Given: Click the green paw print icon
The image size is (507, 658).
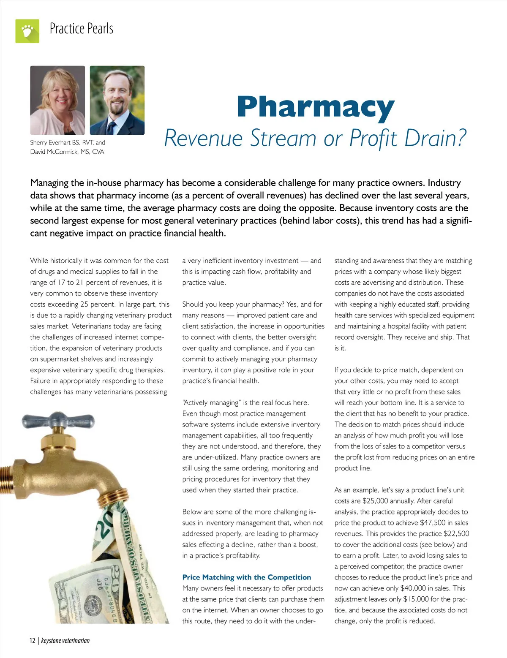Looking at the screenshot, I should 27,31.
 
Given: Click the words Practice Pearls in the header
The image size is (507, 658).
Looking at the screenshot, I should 82,29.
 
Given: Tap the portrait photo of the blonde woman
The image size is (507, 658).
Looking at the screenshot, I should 57,100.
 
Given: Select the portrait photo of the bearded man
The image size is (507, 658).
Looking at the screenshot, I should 117,100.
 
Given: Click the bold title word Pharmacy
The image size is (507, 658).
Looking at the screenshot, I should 315,108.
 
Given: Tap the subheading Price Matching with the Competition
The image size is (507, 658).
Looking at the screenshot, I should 246,577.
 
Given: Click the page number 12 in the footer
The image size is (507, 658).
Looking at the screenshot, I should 33,641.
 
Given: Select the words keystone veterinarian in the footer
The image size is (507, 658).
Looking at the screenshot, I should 65,641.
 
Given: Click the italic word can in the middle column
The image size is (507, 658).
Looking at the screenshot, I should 226,370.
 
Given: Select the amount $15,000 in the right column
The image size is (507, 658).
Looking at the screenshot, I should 416,599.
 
